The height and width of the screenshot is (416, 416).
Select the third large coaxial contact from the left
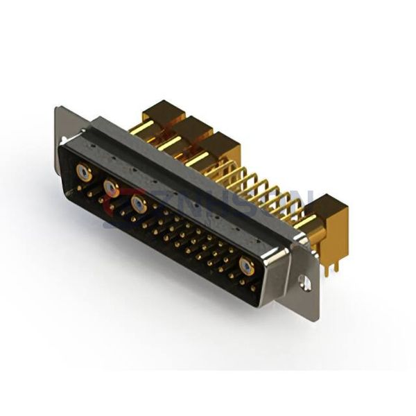[x=139, y=204]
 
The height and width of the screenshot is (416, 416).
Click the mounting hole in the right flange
[x=303, y=283]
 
